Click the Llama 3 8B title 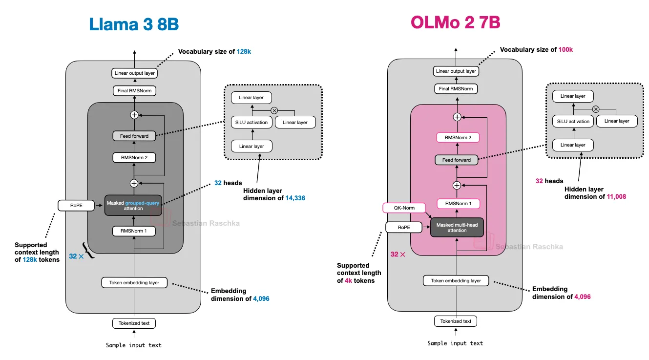click(133, 24)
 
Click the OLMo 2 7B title click(455, 22)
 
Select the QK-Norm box click(404, 208)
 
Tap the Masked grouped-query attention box click(133, 205)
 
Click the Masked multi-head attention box click(457, 227)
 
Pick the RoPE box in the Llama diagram click(76, 206)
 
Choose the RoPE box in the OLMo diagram click(403, 227)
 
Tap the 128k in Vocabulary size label click(244, 51)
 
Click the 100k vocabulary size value click(565, 49)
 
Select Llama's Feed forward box click(134, 136)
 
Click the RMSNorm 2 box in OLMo click(457, 138)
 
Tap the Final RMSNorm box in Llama click(134, 90)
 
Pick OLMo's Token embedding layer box click(456, 280)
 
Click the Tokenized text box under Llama click(134, 323)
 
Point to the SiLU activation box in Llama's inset click(251, 122)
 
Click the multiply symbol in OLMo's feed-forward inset click(596, 109)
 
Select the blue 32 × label click(76, 256)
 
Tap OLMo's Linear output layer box click(456, 71)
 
